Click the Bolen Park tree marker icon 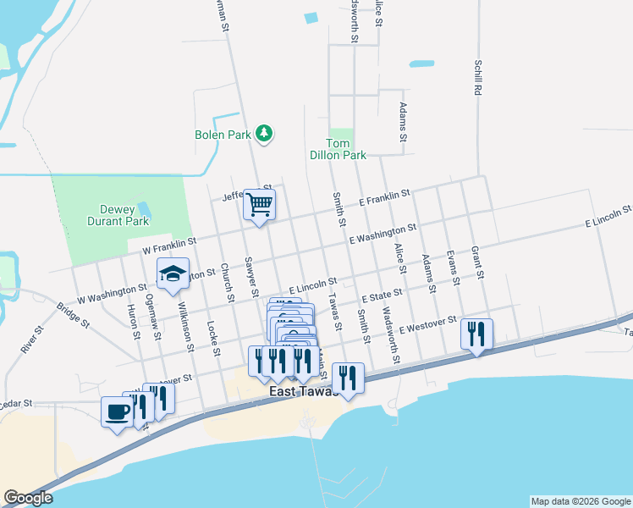click(265, 134)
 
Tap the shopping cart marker click(260, 204)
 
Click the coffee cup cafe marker click(117, 412)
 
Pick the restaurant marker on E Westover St click(476, 334)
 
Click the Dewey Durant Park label click(118, 215)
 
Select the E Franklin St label click(384, 198)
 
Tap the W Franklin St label click(169, 246)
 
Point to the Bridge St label click(74, 313)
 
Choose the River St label click(30, 339)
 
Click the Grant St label click(477, 263)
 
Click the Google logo click(28, 498)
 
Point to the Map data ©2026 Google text click(580, 501)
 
